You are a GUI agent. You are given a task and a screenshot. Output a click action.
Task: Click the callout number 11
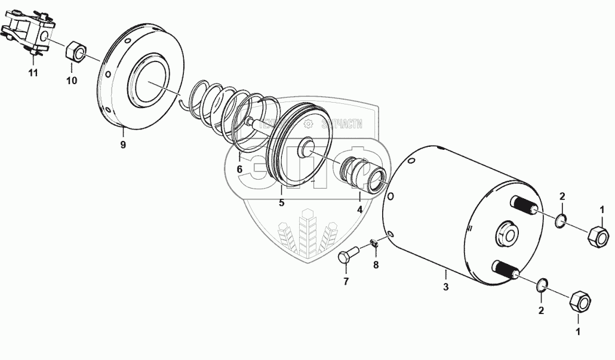pyautogui.click(x=33, y=73)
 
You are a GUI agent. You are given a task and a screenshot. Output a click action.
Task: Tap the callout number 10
pyautogui.click(x=72, y=81)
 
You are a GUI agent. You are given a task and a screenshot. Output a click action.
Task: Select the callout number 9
pyautogui.click(x=122, y=145)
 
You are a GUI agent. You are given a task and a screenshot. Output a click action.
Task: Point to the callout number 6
pyautogui.click(x=239, y=169)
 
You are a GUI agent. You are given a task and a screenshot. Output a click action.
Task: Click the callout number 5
pyautogui.click(x=281, y=202)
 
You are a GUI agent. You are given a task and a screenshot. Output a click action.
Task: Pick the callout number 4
pyautogui.click(x=360, y=210)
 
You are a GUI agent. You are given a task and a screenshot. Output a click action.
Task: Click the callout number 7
pyautogui.click(x=345, y=281)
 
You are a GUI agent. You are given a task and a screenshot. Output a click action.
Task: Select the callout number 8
pyautogui.click(x=376, y=266)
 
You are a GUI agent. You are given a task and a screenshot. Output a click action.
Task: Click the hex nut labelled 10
pyautogui.click(x=75, y=51)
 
